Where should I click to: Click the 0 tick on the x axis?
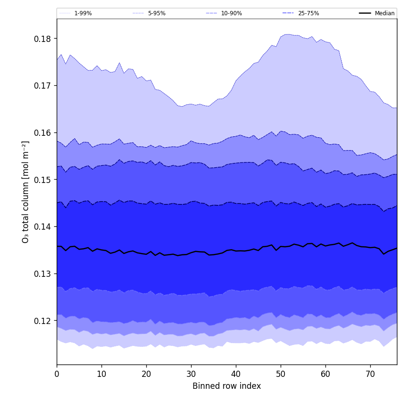(57, 374)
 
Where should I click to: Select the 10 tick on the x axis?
(101, 374)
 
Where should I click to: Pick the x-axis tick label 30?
(191, 374)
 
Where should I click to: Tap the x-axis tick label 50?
(281, 374)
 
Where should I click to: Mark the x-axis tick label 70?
(370, 374)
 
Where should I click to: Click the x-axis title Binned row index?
(227, 386)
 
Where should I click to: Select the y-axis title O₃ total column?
(26, 192)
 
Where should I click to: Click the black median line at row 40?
(236, 251)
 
